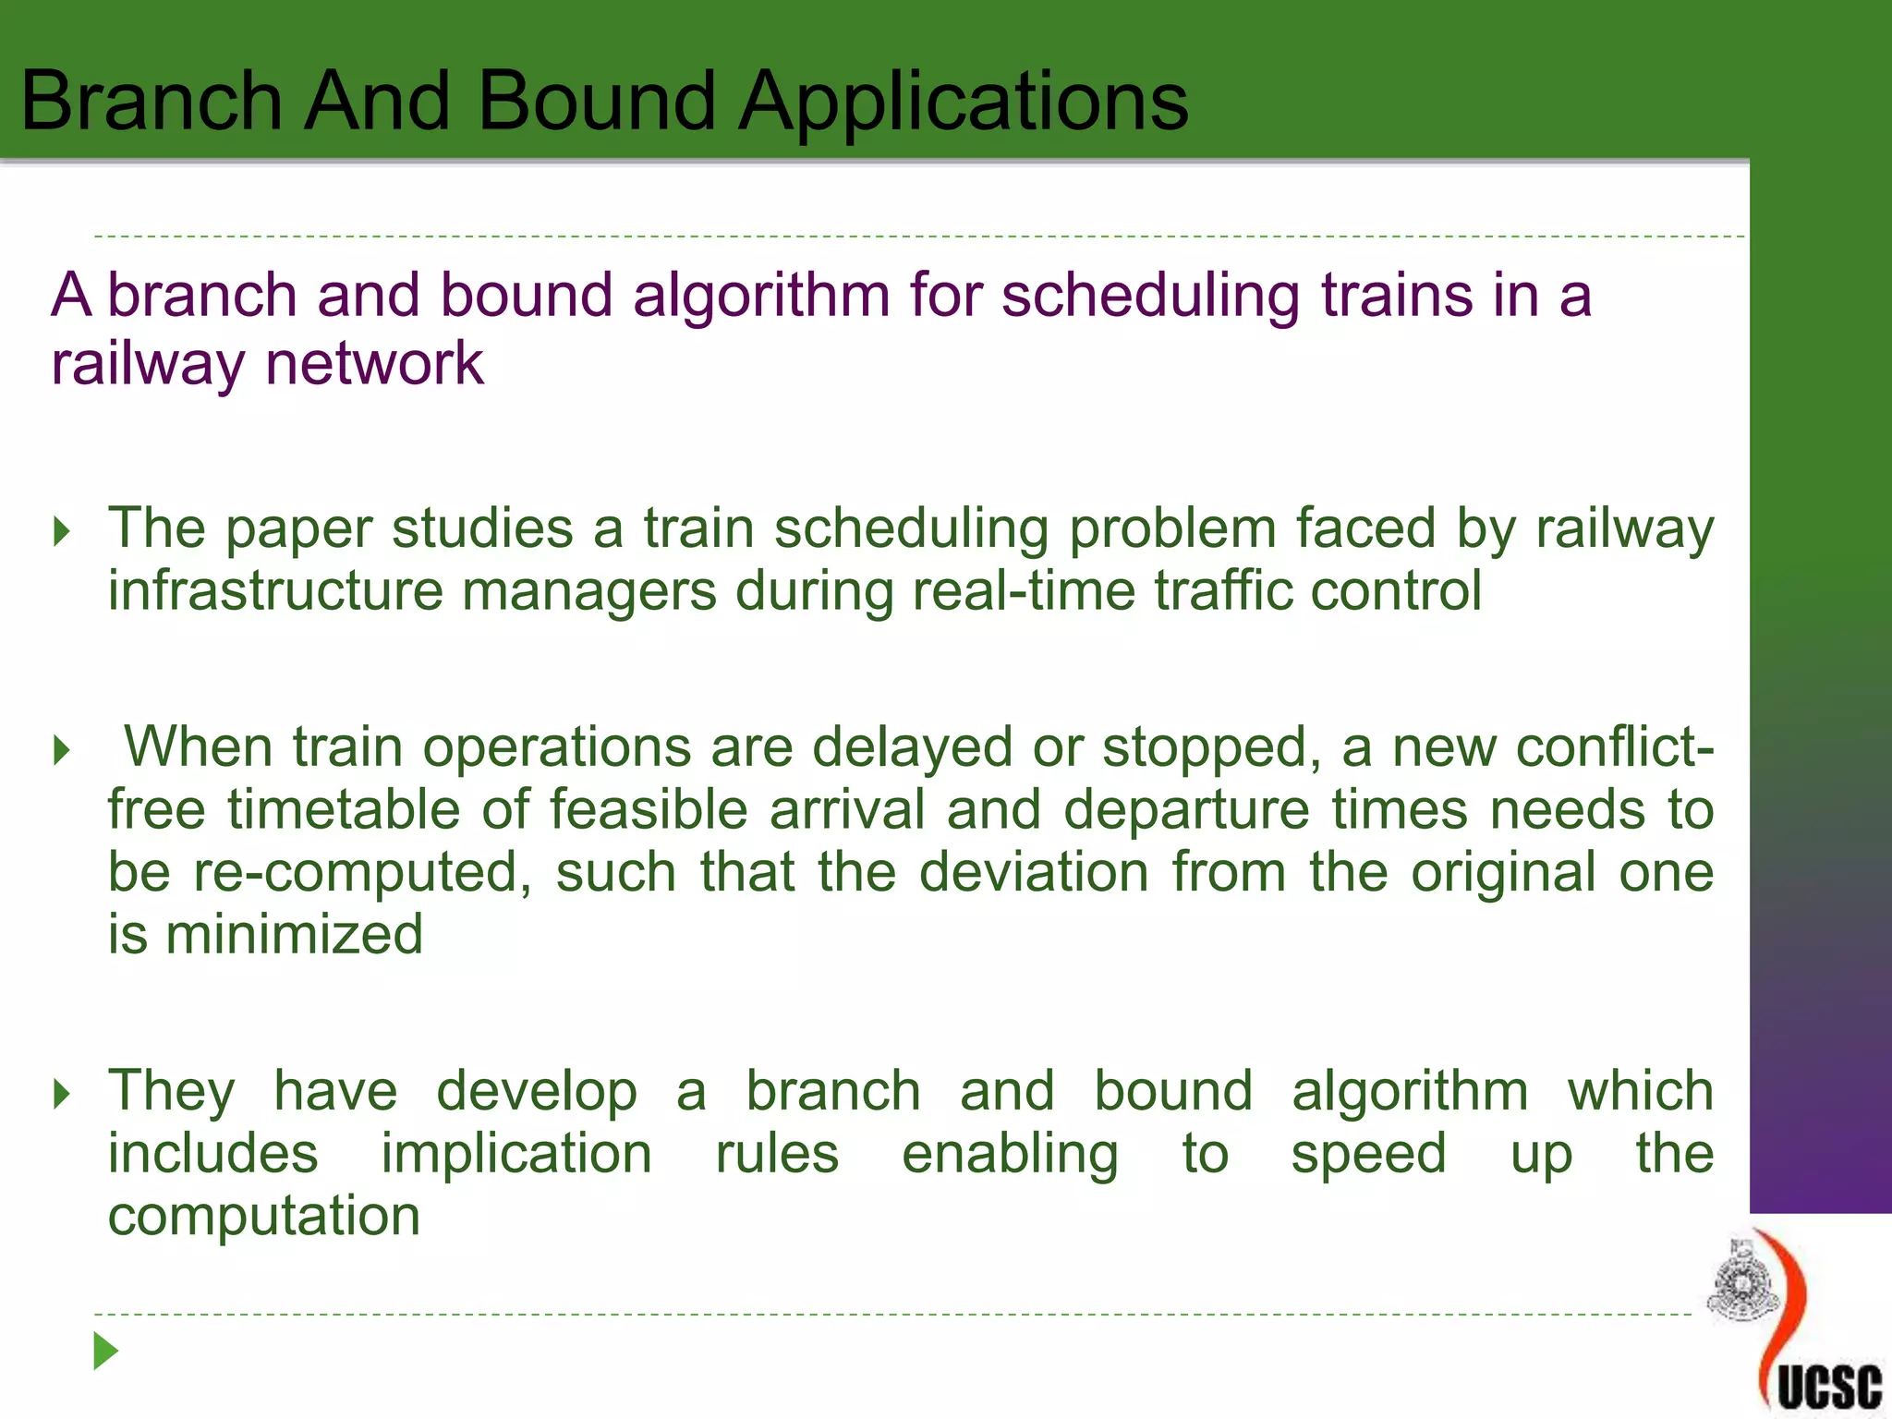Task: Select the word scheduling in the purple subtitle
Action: [1150, 296]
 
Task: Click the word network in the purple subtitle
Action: [374, 363]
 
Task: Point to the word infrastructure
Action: [275, 591]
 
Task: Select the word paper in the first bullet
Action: [298, 530]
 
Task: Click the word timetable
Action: [344, 810]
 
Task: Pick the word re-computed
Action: [362, 872]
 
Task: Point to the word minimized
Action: [294, 934]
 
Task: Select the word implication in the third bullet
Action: [516, 1154]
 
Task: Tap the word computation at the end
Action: [264, 1216]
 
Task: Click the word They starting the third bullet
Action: [172, 1091]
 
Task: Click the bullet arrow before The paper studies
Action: [62, 532]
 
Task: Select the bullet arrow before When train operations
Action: [62, 750]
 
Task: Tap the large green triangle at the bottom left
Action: [105, 1352]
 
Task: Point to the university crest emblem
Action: [1742, 1284]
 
